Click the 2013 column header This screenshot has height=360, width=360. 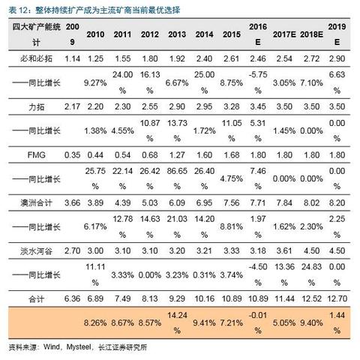[177, 34]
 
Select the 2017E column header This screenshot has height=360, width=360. [284, 34]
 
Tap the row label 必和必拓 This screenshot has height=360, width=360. [36, 58]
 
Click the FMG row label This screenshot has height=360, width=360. [36, 155]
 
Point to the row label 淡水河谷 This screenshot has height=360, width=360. [36, 250]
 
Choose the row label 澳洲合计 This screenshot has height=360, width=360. [36, 202]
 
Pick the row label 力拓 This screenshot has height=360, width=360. [36, 106]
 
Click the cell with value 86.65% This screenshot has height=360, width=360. [177, 178]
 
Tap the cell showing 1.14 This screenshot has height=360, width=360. [72, 58]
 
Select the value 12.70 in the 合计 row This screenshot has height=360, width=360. [337, 298]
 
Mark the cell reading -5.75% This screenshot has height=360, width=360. [258, 82]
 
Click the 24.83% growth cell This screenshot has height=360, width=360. [311, 274]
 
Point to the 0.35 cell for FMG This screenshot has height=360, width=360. [72, 155]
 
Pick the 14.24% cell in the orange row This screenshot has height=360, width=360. [177, 322]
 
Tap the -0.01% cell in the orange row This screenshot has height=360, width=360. [258, 322]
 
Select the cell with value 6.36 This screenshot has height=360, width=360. [72, 298]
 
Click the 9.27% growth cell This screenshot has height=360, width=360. [95, 82]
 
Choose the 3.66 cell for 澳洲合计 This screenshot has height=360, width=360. [72, 202]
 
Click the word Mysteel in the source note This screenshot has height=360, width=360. [78, 347]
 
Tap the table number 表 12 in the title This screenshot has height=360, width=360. [17, 10]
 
